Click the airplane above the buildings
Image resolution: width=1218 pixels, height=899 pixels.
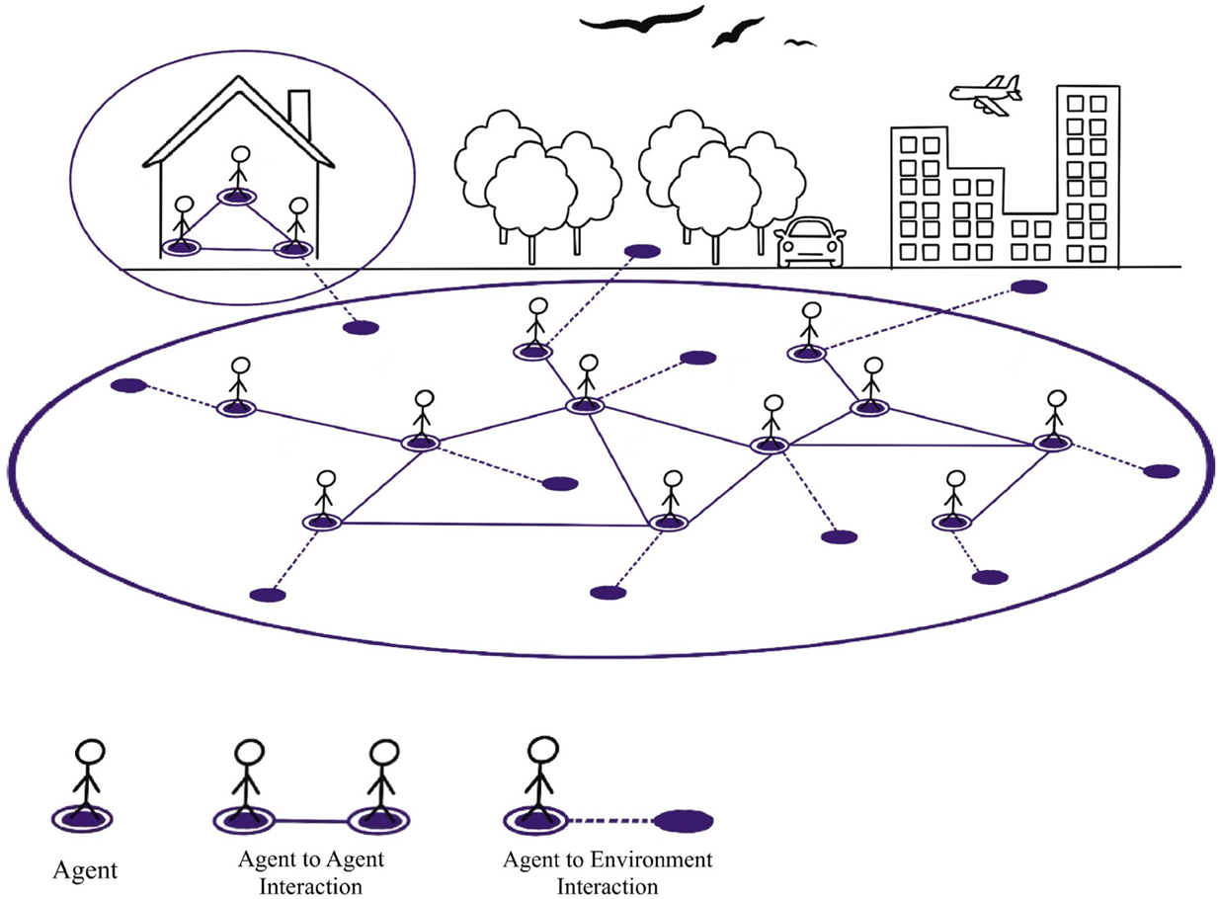pyautogui.click(x=985, y=94)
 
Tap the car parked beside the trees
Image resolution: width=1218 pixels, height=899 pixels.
pyautogui.click(x=811, y=243)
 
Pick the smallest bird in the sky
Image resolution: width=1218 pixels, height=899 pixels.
pyautogui.click(x=800, y=42)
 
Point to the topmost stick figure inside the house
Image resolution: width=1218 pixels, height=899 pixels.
pyautogui.click(x=236, y=174)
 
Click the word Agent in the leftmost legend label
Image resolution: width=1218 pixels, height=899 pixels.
pyautogui.click(x=84, y=870)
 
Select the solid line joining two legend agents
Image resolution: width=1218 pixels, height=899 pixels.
pyautogui.click(x=310, y=820)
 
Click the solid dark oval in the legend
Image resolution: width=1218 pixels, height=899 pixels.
pyautogui.click(x=685, y=820)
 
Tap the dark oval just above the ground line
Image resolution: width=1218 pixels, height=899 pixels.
pyautogui.click(x=643, y=252)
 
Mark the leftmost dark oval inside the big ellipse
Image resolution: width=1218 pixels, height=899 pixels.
pyautogui.click(x=128, y=385)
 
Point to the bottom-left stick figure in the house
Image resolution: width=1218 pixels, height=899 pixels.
pyautogui.click(x=182, y=224)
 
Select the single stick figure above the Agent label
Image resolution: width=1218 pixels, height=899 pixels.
pyautogui.click(x=84, y=780)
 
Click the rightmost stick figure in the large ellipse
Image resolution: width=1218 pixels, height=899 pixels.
pyautogui.click(x=1055, y=419)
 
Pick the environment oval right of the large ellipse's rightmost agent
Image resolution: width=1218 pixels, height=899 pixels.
pyautogui.click(x=1161, y=470)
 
